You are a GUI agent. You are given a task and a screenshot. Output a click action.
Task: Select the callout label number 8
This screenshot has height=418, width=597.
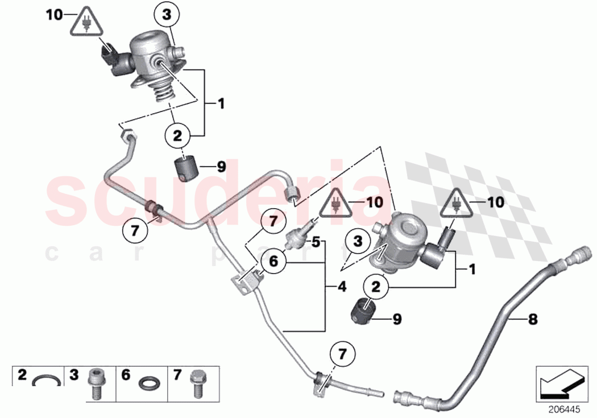click(533, 320)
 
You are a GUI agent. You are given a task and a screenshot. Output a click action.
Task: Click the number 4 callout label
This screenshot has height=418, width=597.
click(342, 288)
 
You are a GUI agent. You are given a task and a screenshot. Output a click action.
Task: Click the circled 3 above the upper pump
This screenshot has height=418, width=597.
click(167, 17)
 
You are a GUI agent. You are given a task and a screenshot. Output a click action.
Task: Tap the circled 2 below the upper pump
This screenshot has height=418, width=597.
click(177, 136)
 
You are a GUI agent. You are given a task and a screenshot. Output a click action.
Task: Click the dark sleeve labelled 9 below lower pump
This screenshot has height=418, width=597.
click(362, 312)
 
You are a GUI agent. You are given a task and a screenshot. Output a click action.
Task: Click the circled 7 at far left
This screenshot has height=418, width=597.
click(135, 231)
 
